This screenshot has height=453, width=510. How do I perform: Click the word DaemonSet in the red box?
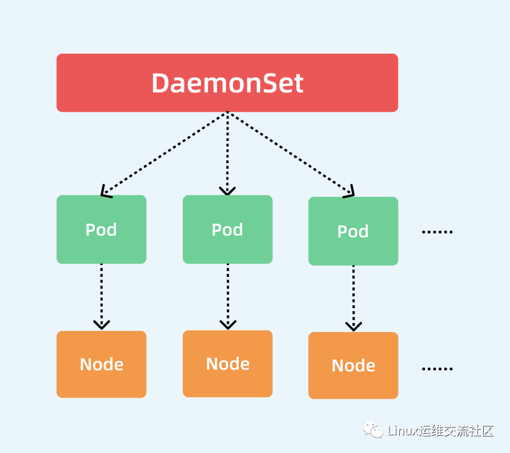coord(227,83)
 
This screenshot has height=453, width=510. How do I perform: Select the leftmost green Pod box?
coord(102,229)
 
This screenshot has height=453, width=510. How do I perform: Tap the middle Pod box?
coord(228,229)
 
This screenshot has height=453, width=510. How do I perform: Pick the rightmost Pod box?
coord(353,231)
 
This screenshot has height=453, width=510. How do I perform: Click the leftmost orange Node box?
coord(102,365)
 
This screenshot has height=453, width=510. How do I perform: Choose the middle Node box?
coord(228,363)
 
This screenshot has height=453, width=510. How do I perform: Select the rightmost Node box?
coord(353,365)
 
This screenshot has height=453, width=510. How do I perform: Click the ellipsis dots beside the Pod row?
coord(437,232)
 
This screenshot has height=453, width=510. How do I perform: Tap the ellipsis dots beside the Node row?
coord(437,369)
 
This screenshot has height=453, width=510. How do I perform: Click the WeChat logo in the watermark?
coord(373,430)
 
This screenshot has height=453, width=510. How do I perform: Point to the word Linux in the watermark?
coord(403,431)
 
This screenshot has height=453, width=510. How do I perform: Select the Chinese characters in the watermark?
coord(456,431)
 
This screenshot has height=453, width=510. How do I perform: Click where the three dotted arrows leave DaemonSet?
coord(227,112)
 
